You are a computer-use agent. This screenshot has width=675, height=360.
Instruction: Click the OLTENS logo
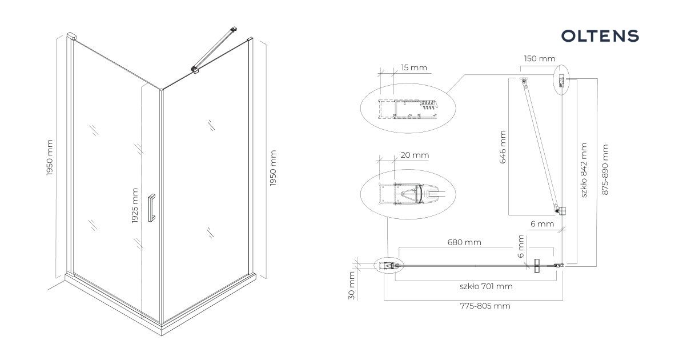[x=600, y=36]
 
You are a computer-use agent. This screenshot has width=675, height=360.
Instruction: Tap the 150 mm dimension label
[x=540, y=58]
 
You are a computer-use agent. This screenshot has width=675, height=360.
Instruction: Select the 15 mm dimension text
[x=413, y=67]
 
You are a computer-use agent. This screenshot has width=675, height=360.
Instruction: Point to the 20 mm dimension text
[x=415, y=155]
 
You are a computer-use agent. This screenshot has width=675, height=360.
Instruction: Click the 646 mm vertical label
[x=503, y=147]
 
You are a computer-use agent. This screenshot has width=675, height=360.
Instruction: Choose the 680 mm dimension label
[x=464, y=242]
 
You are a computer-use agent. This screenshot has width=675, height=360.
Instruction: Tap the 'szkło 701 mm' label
[x=486, y=286]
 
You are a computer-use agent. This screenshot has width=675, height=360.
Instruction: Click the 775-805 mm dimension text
[x=485, y=306]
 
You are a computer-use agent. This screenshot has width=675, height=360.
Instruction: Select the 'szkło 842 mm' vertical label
[x=584, y=170]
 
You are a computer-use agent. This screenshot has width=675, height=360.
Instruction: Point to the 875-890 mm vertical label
[x=605, y=170]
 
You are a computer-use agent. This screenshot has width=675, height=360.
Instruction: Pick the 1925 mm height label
[x=135, y=205]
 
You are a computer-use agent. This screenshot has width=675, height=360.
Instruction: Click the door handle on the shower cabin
[x=151, y=208]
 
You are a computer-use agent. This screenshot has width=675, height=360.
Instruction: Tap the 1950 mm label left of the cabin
[x=50, y=158]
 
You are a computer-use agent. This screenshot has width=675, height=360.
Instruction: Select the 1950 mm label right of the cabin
[x=272, y=169]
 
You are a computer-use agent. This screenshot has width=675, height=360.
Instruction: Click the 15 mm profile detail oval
[x=407, y=108]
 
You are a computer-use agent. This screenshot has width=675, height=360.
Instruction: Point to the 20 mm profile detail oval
[x=408, y=194]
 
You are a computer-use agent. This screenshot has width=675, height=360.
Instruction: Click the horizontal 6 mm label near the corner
[x=542, y=224]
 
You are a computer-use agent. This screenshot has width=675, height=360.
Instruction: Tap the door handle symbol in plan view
[x=536, y=266]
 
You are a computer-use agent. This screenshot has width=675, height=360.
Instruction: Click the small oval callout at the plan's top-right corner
[x=561, y=79]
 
